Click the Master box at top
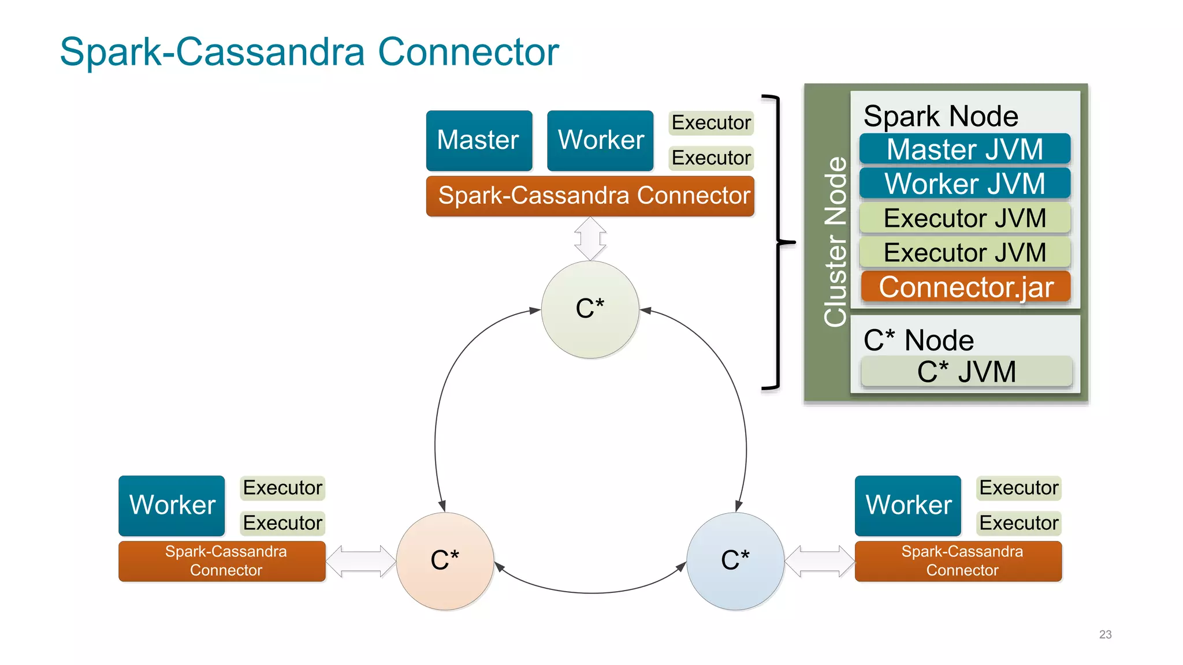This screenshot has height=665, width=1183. tap(479, 140)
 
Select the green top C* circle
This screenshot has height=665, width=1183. tap(590, 309)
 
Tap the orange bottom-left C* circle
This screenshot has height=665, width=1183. tap(445, 561)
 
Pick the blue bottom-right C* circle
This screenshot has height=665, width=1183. tap(735, 561)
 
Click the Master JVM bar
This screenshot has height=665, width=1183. tap(965, 150)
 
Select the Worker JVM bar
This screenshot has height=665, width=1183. tap(965, 184)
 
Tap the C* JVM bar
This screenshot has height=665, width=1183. tap(966, 371)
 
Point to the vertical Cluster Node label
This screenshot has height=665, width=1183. tap(835, 242)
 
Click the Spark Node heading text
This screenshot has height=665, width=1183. tap(940, 116)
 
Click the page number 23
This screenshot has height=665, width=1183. tap(1105, 634)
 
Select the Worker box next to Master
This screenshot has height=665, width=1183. tap(600, 140)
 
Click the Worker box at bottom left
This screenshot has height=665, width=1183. tap(172, 505)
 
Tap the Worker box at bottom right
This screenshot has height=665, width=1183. tap(907, 505)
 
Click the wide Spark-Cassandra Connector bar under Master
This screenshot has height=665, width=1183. tap(590, 196)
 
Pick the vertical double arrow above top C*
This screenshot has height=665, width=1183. tap(590, 238)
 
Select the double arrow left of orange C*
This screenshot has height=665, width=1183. tap(360, 561)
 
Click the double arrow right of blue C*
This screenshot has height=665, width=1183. tap(819, 561)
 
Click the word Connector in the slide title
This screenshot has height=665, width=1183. tap(468, 52)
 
